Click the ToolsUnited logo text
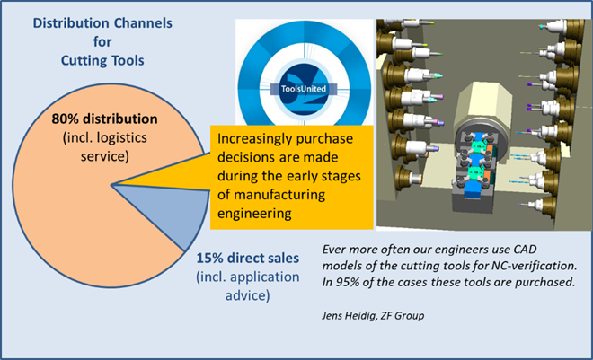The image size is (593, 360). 304,89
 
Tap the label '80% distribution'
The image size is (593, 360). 105,119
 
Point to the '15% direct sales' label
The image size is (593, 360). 247,258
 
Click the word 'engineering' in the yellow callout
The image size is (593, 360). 254,214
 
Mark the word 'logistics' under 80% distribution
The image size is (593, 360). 122,137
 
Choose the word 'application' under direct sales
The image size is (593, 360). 265,277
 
